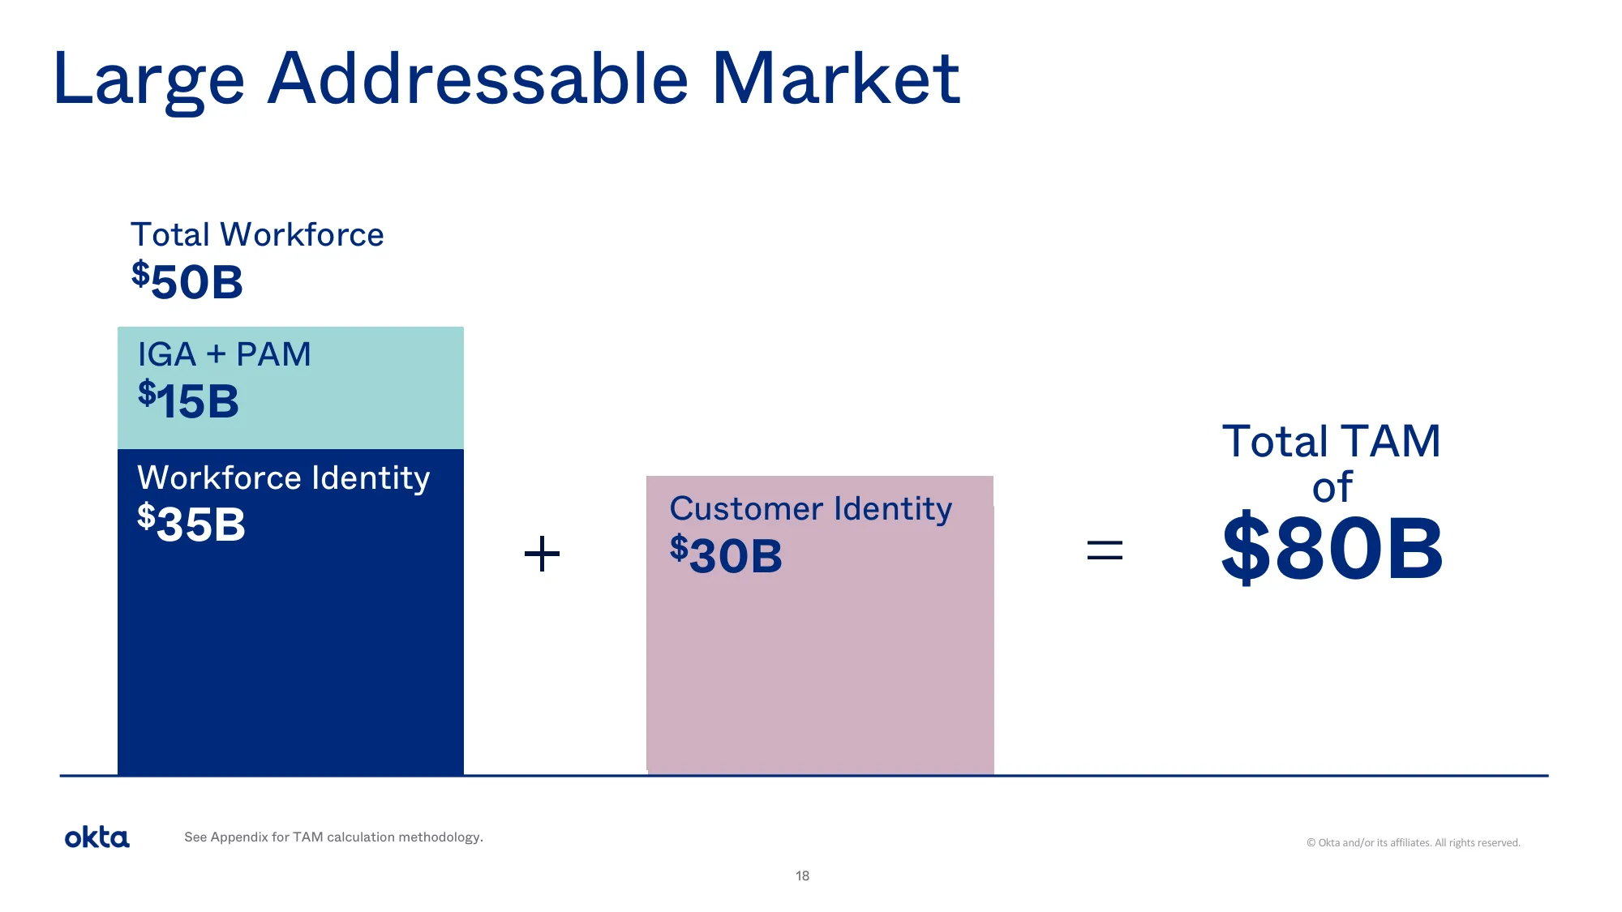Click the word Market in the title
pos(835,79)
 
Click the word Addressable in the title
pos(478,79)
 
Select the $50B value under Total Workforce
pos(187,281)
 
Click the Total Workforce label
pos(257,235)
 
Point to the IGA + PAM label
pos(224,354)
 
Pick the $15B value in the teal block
pos(188,400)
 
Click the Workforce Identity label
pos(284,477)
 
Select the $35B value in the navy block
pos(191,524)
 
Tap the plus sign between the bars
pos(542,554)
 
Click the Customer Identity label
pos(810,509)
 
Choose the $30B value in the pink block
pos(726,555)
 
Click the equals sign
pos(1104,551)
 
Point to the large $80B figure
pos(1332,549)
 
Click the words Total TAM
pos(1331,442)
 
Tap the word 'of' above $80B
pos(1332,487)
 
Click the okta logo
pos(97,837)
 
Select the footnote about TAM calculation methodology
pos(333,837)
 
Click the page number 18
pos(802,876)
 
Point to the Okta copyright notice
pos(1413,843)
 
